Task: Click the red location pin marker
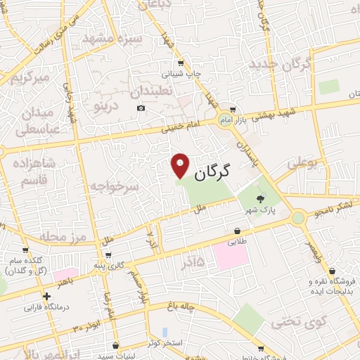(181, 165)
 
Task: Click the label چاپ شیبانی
(182, 73)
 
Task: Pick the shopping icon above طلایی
(237, 231)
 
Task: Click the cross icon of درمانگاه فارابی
(46, 296)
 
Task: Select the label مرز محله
(63, 236)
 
